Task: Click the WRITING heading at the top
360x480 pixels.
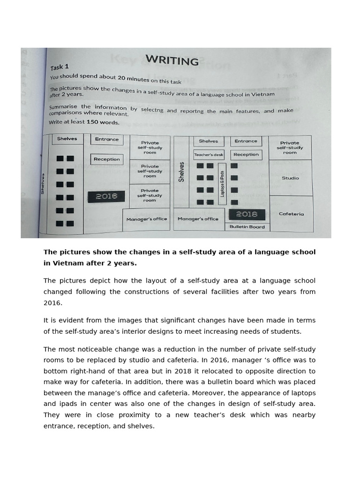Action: [172, 60]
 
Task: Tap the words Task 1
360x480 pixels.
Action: [60, 67]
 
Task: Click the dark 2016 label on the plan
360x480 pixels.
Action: [106, 196]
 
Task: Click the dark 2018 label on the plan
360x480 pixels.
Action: [247, 214]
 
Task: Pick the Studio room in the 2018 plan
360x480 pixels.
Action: [290, 178]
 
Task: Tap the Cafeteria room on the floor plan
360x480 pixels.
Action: [291, 214]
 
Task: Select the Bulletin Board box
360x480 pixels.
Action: [247, 227]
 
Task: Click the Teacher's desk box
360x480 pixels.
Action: [209, 154]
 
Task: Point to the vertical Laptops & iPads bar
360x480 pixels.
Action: [222, 183]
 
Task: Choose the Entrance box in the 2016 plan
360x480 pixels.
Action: [107, 139]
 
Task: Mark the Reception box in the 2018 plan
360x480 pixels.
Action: [246, 154]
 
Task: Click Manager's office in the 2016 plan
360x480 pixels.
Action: [147, 219]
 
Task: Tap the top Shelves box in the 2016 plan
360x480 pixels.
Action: [67, 139]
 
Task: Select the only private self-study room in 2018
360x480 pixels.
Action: [290, 148]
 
